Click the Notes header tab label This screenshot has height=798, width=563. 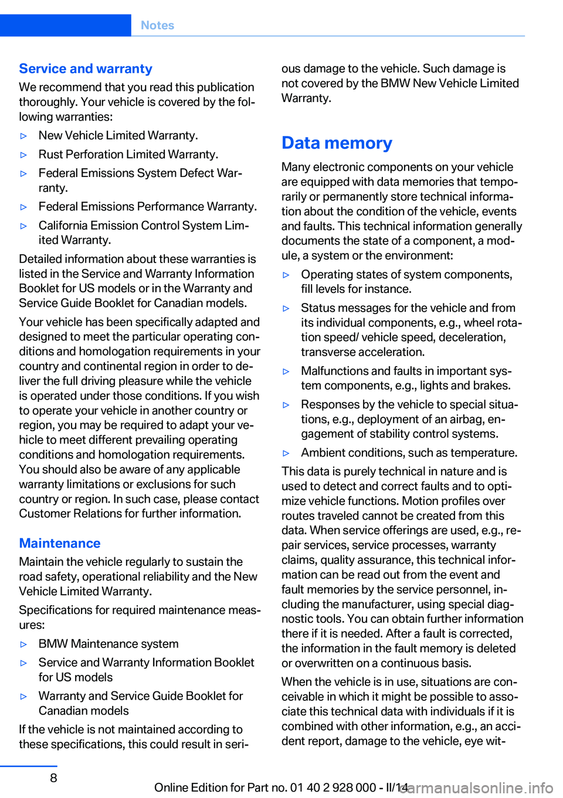157,25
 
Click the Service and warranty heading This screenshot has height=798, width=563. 86,69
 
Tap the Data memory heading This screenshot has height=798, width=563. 337,143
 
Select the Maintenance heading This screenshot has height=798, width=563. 60,543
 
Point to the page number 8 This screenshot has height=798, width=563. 53,777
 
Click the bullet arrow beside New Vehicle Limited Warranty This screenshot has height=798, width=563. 24,136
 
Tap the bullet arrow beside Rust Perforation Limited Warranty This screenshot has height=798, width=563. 24,155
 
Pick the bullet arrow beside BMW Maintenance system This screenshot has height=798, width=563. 24,644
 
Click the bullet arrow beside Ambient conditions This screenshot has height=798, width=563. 286,453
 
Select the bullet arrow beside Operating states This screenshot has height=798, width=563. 286,275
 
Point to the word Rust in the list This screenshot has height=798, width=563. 50,154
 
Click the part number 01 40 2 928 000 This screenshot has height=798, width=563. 333,787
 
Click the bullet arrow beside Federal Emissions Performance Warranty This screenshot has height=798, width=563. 24,207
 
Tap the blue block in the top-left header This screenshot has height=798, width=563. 65,25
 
